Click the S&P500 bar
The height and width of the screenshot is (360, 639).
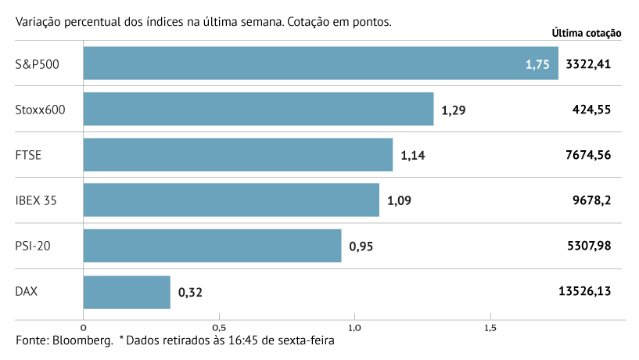point(321,63)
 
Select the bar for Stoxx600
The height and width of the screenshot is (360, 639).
point(258,109)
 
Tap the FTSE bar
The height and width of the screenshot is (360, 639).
point(238,155)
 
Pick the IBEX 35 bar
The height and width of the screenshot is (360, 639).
point(231,200)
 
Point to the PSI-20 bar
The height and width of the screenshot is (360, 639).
point(212,246)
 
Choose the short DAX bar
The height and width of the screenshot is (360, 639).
point(127,292)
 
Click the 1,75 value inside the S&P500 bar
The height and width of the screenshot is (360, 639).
point(538,64)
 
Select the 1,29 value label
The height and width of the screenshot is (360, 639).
point(454,110)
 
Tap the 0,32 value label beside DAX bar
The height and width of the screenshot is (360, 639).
point(190,293)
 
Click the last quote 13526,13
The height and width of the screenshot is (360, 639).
point(584,291)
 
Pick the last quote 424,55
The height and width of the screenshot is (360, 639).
point(591,110)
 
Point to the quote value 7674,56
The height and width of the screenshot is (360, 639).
point(587,155)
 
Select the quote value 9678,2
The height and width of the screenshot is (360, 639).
point(591,200)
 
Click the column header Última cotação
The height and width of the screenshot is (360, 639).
point(586,33)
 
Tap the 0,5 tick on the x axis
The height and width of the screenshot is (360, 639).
point(219,327)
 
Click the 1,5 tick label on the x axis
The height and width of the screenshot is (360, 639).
point(490,327)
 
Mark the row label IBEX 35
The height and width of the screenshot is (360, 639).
point(36,200)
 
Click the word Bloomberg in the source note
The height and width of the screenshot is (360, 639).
point(81,341)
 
